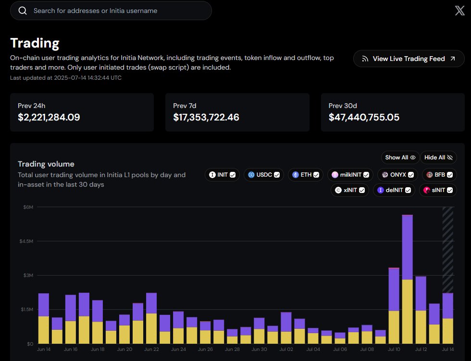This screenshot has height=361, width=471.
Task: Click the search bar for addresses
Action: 111,11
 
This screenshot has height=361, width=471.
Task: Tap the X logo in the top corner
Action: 459,11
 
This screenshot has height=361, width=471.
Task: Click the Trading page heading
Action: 35,43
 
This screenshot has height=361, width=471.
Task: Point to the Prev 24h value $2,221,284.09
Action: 49,117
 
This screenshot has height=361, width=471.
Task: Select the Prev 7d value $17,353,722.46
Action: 206,117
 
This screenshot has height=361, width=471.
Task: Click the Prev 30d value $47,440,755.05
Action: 364,117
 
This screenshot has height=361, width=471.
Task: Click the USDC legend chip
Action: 263,175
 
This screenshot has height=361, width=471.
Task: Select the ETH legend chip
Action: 305,175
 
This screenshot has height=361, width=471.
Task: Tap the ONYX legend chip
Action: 397,175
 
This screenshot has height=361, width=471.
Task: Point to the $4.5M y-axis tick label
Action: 26,241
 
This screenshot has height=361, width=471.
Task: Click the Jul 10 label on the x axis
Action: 394,349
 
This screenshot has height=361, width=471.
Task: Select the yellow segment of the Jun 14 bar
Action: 44,330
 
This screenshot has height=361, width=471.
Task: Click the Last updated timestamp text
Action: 65,77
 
